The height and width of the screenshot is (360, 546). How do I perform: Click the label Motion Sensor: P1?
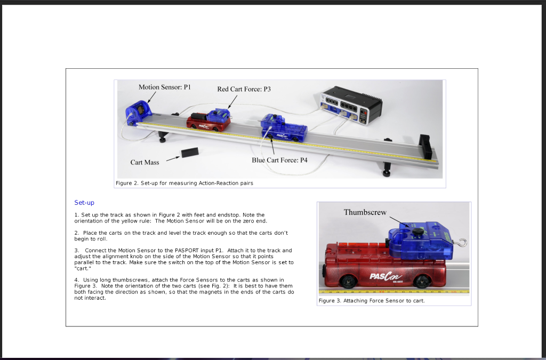click(164, 87)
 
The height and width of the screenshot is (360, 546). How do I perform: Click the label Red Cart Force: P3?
click(244, 89)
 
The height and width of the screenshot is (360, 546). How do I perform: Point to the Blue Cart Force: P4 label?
click(279, 160)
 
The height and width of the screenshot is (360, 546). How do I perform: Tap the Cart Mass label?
click(144, 162)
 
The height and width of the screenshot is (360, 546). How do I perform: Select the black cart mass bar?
click(190, 153)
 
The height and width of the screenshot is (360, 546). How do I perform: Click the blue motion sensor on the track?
click(138, 113)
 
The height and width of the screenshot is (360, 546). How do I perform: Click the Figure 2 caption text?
click(184, 183)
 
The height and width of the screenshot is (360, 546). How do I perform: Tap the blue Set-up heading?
click(84, 203)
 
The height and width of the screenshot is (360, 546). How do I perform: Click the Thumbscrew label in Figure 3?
click(365, 212)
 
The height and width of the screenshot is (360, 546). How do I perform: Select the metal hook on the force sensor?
click(461, 243)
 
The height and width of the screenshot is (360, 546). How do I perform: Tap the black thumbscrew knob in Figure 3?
click(417, 231)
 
